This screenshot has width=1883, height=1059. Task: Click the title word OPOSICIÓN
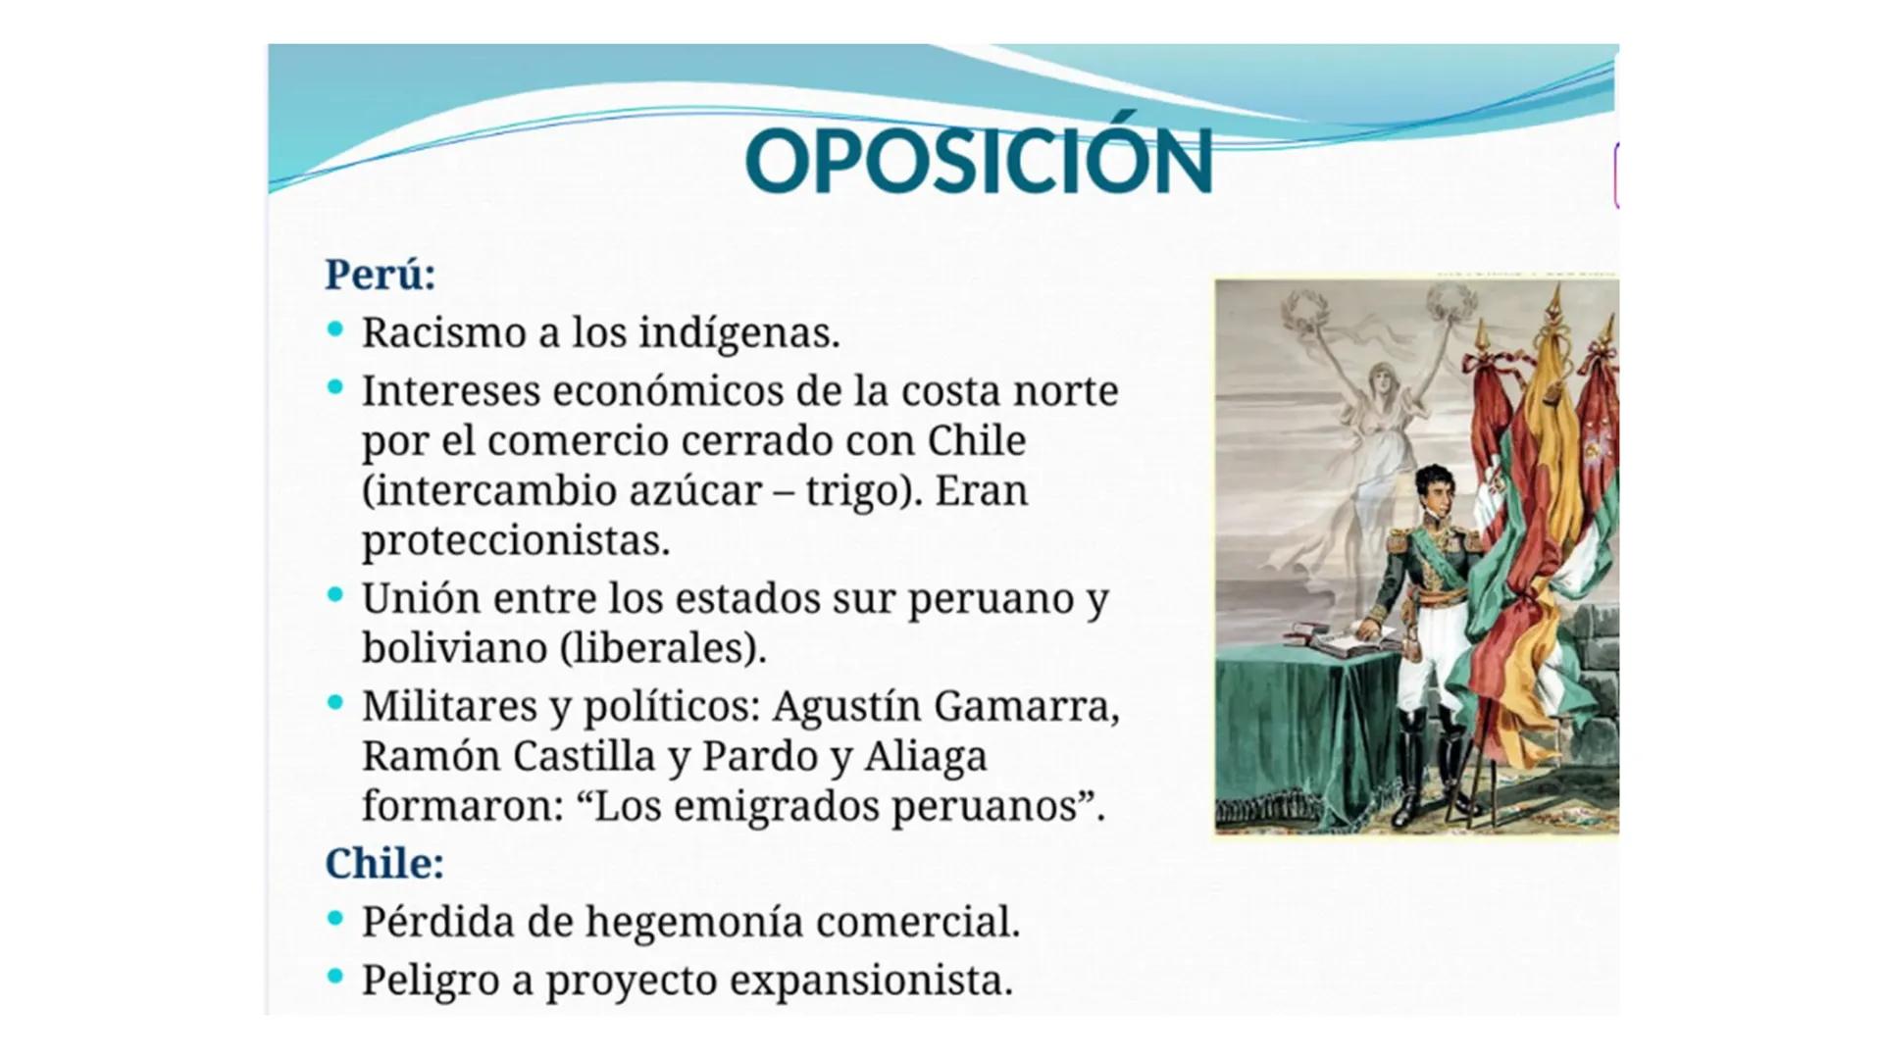[978, 161]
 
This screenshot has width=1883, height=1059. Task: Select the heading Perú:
[380, 274]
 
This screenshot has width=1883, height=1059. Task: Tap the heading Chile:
[384, 863]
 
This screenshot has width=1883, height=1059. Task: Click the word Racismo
[442, 332]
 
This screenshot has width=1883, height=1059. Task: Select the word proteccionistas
[515, 540]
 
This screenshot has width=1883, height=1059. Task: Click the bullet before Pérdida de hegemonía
[335, 919]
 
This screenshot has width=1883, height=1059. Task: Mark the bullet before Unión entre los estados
[335, 594]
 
